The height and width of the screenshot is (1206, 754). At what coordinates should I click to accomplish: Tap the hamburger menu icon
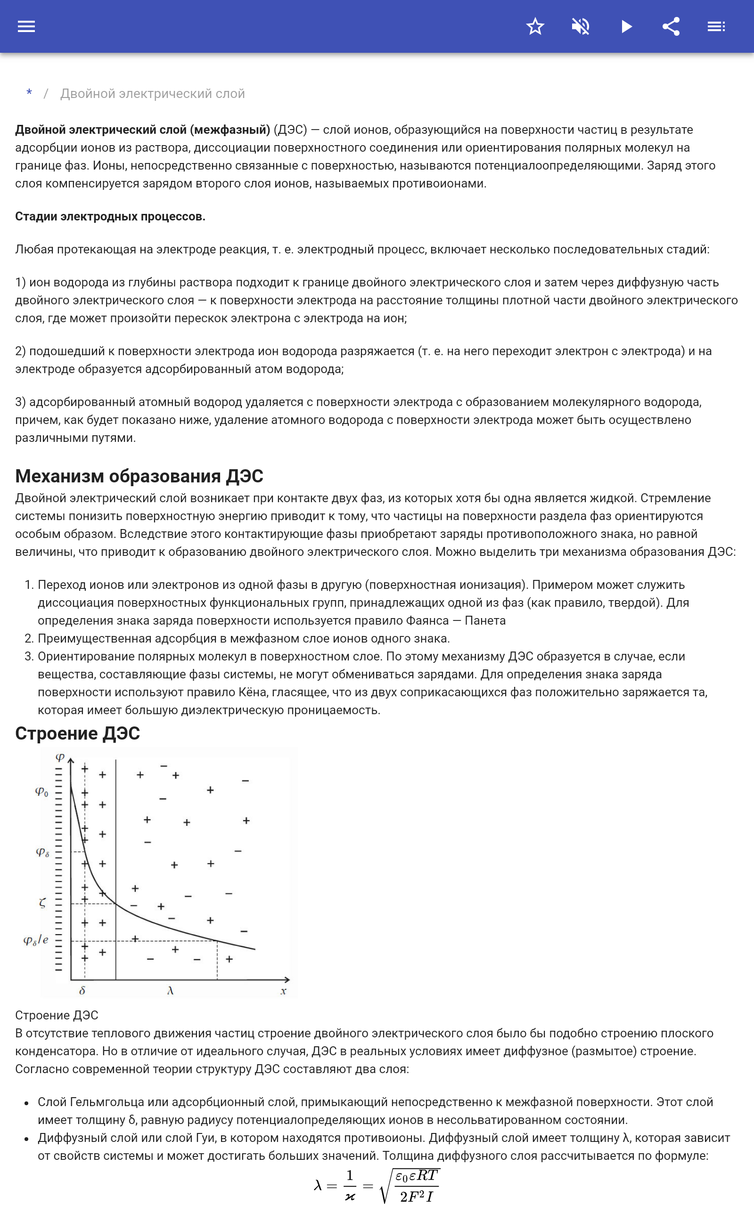pyautogui.click(x=26, y=26)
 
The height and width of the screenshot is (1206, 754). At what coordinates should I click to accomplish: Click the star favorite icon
pyautogui.click(x=535, y=26)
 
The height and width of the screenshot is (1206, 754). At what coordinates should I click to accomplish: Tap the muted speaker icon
pyautogui.click(x=581, y=26)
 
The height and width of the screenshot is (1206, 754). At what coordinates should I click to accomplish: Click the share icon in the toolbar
pyautogui.click(x=671, y=26)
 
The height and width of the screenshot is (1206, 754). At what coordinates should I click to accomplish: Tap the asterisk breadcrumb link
pyautogui.click(x=29, y=93)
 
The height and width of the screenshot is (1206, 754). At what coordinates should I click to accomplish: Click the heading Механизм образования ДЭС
pyautogui.click(x=139, y=476)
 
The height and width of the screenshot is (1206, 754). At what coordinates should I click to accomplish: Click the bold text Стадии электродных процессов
pyautogui.click(x=110, y=216)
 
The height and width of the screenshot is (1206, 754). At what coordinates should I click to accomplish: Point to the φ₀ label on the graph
pyautogui.click(x=42, y=791)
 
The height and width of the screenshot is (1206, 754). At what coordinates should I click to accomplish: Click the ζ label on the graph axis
pyautogui.click(x=42, y=903)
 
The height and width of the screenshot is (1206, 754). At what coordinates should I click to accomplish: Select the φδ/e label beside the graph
pyautogui.click(x=36, y=940)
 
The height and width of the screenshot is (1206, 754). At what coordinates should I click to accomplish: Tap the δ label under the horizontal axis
pyautogui.click(x=82, y=991)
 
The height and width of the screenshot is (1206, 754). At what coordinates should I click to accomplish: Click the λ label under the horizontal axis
pyautogui.click(x=170, y=991)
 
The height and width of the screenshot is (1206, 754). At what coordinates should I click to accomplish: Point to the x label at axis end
pyautogui.click(x=283, y=991)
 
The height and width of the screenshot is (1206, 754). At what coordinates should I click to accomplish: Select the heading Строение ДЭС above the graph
pyautogui.click(x=77, y=733)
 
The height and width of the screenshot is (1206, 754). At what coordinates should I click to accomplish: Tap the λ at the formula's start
pyautogui.click(x=318, y=1185)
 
